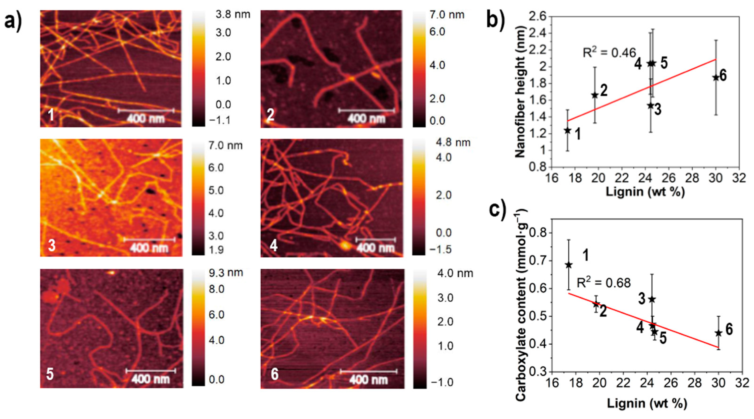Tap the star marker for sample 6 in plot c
pos(718,333)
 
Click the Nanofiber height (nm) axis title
pos(520,92)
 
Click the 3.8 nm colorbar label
pos(233,15)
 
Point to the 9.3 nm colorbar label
pos(225,273)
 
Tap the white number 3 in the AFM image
pos(52,245)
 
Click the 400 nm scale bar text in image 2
pos(367,119)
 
